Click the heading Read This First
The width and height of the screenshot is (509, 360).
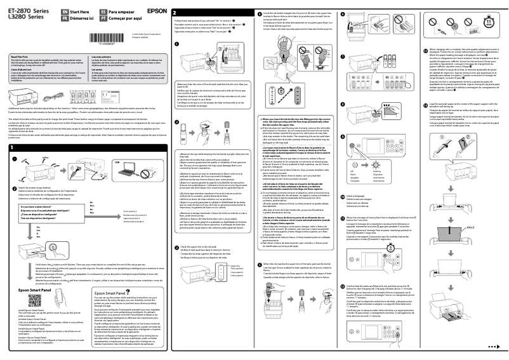20,57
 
